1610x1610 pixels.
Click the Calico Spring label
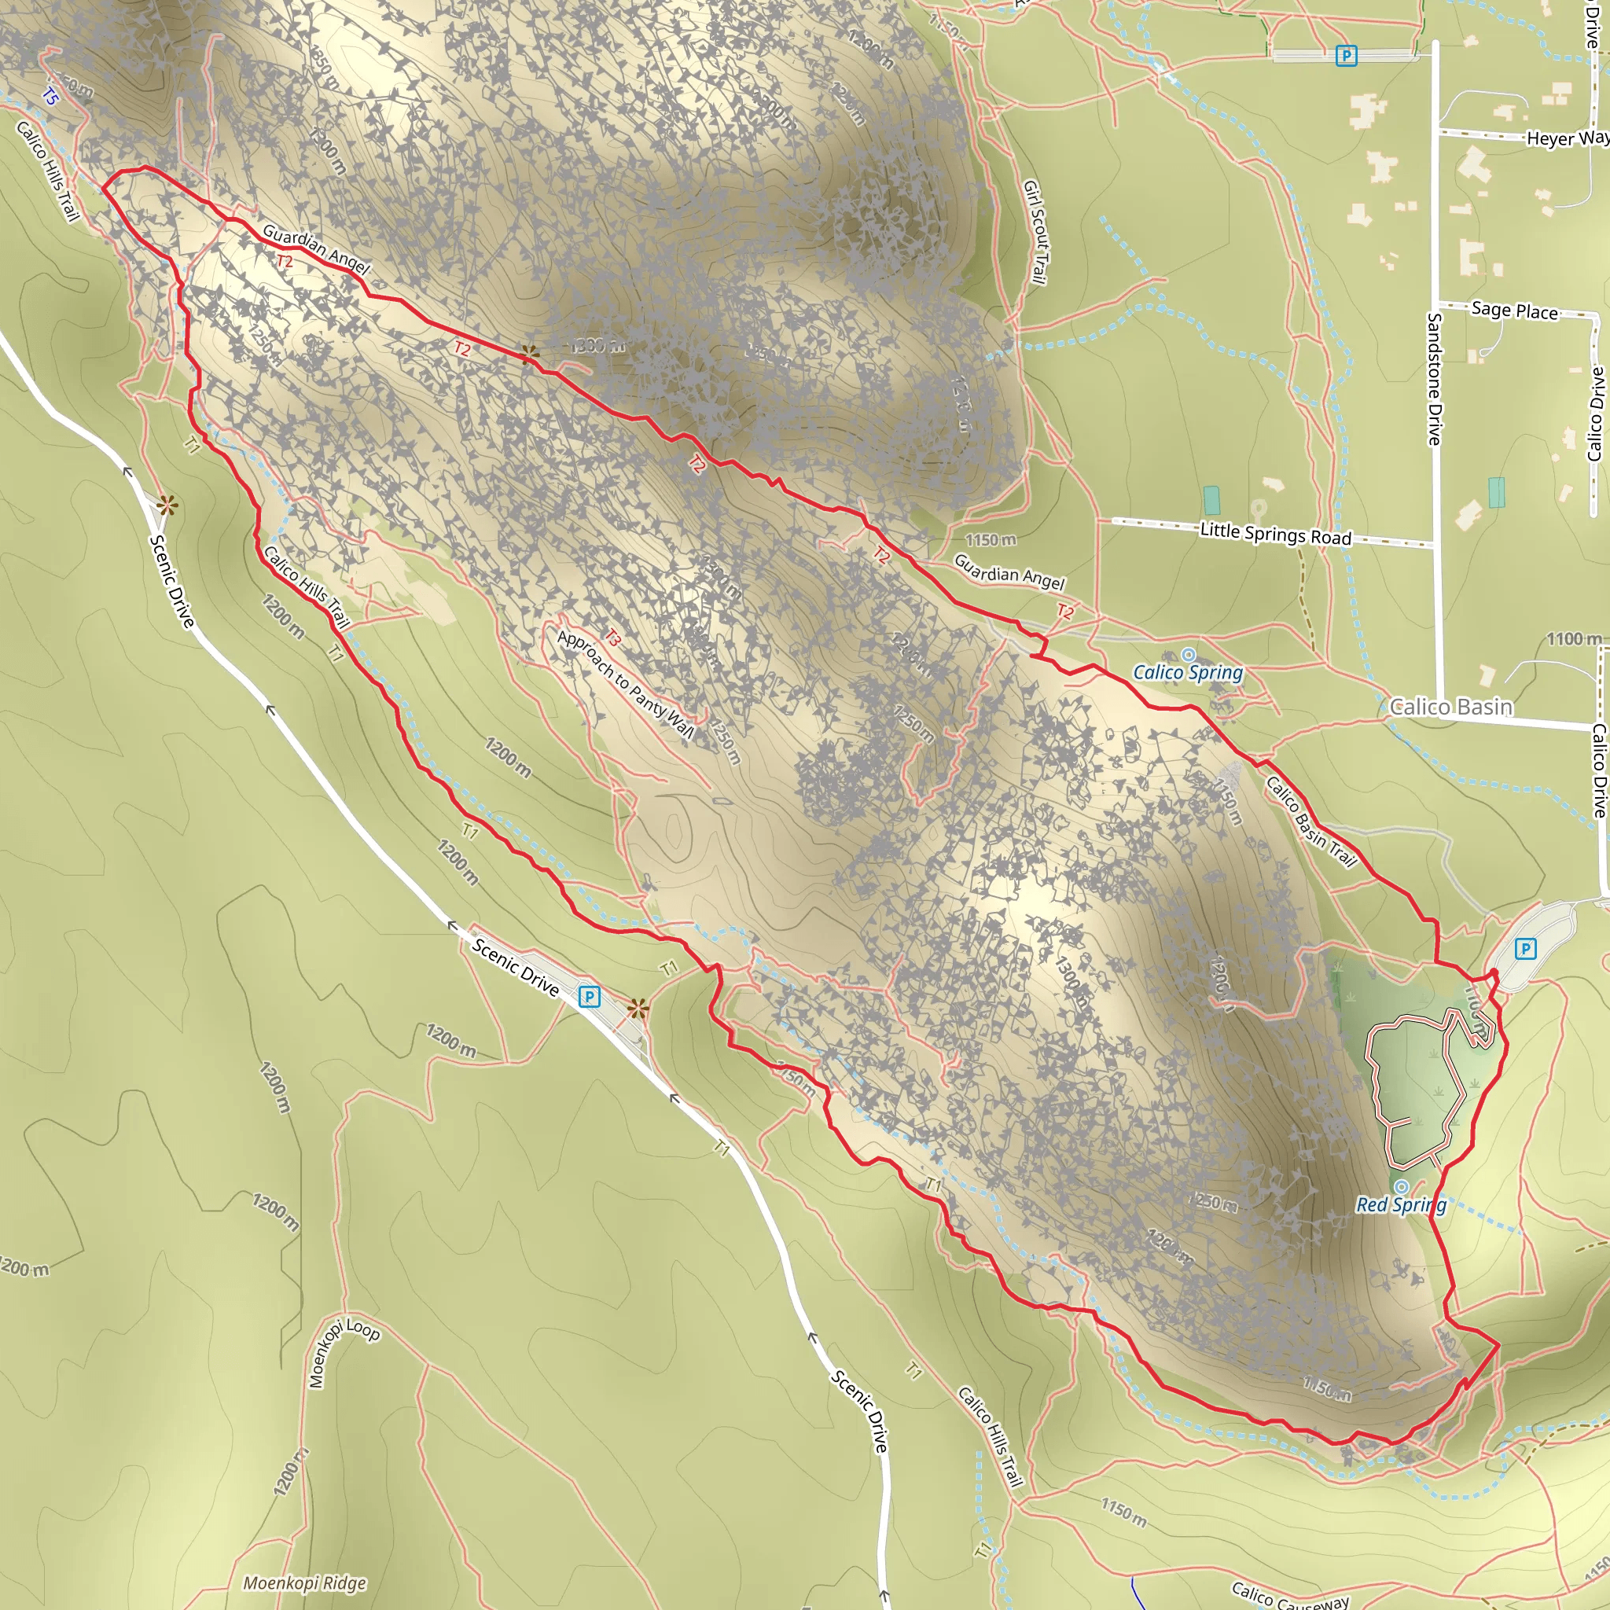1188,671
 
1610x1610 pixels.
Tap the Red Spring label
1401,1204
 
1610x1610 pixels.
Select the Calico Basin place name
1451,707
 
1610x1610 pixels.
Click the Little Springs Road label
1275,533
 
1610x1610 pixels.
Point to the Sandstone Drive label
1434,378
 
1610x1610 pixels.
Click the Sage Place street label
1514,310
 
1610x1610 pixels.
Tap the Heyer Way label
1567,138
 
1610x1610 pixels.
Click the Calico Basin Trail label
1310,822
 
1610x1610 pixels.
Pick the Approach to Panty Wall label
625,684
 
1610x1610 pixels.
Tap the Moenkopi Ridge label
304,1582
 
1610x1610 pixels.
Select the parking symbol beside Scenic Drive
589,996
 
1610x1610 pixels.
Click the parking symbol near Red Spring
1525,948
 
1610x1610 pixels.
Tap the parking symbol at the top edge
1346,56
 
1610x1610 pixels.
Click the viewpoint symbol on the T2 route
529,355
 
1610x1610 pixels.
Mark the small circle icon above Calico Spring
1189,654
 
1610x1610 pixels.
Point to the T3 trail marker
612,638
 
